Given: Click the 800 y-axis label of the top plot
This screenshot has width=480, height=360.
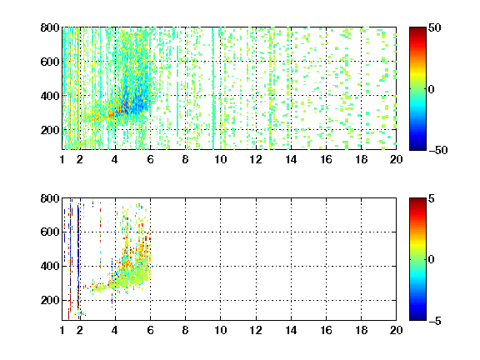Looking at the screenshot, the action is pos(50,27).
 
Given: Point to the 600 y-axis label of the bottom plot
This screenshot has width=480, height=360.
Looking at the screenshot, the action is pos(50,232).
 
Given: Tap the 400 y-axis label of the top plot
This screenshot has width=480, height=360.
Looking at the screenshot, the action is pos(50,96).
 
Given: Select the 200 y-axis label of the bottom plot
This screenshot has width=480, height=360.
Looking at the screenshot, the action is pos(50,300).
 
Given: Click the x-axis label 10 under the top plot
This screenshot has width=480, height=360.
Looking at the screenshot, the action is pos(220,159).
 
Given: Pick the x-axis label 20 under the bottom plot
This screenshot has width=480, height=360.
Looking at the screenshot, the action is pos(396,330).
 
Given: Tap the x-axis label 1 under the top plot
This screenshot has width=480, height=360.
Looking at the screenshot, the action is pos(62,159).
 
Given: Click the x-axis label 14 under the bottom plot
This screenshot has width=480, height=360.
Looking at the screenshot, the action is pos(291,330).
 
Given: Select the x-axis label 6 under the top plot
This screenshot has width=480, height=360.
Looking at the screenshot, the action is pos(150,159).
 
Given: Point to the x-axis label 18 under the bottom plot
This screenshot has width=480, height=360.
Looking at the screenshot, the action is pos(361,330).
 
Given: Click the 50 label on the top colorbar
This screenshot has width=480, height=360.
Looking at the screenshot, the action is pos(434,27).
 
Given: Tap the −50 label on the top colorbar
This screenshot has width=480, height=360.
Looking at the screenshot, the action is pos(437,150).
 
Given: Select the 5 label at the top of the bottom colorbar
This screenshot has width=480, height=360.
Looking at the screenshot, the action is pos(432,198).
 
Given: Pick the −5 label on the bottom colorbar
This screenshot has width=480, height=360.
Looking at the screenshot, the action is pos(435,321).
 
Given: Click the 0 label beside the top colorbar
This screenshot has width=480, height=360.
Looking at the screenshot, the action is pos(432,89).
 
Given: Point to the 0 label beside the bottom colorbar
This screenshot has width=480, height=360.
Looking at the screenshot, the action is pos(432,260).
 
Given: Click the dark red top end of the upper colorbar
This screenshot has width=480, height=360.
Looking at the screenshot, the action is pos(417,29).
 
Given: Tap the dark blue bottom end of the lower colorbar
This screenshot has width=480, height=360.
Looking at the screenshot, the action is pos(417,318).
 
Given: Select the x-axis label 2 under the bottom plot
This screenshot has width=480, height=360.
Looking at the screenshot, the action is pos(80,330).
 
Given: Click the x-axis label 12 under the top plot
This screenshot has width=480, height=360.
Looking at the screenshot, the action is pos(256,159).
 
